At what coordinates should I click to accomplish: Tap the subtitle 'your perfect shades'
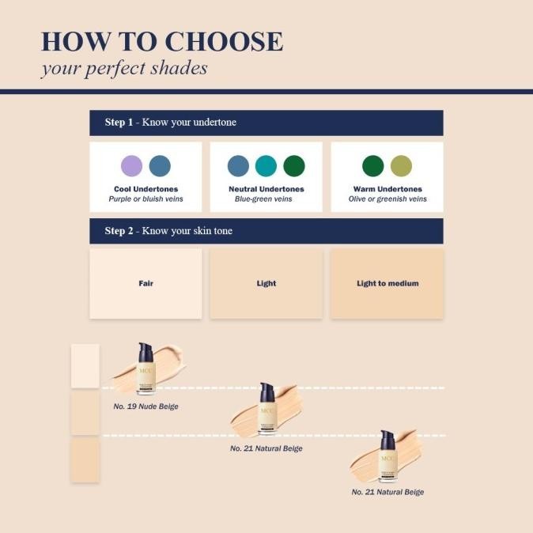pyautogui.click(x=124, y=68)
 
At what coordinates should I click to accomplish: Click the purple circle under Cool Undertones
pyautogui.click(x=131, y=166)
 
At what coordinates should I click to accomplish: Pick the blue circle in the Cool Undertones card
pyautogui.click(x=160, y=166)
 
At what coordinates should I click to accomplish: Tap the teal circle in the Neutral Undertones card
pyautogui.click(x=266, y=166)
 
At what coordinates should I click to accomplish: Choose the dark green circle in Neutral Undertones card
pyautogui.click(x=294, y=166)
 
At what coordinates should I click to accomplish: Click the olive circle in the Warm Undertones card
pyautogui.click(x=401, y=166)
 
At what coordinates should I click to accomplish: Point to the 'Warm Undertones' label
pyautogui.click(x=387, y=189)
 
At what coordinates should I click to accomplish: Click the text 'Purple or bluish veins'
pyautogui.click(x=146, y=199)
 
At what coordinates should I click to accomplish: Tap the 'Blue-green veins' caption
pyautogui.click(x=263, y=199)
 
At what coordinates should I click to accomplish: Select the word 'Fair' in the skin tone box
pyautogui.click(x=146, y=283)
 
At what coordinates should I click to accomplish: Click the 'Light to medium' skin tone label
pyautogui.click(x=387, y=283)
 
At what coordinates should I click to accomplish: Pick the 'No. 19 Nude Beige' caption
pyautogui.click(x=146, y=406)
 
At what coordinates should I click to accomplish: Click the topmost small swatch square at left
pyautogui.click(x=85, y=366)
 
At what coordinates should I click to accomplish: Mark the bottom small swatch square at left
pyautogui.click(x=85, y=460)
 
